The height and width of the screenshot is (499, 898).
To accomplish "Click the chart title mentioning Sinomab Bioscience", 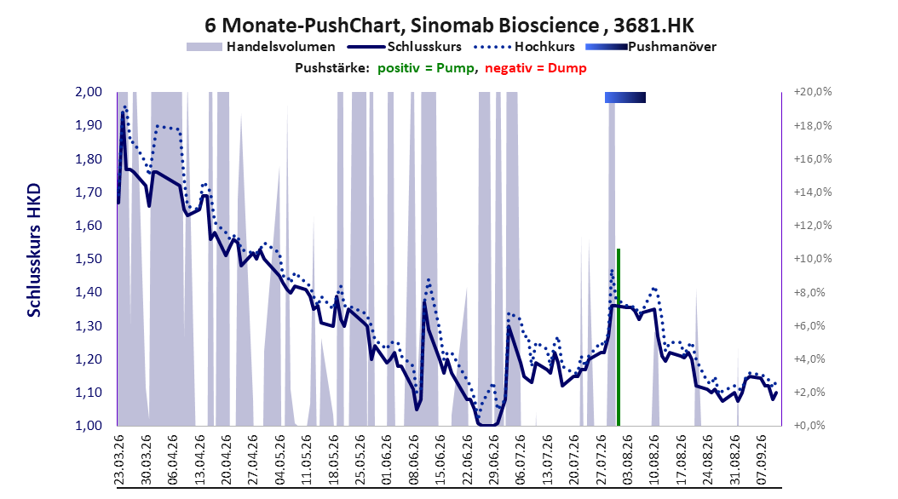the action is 449,26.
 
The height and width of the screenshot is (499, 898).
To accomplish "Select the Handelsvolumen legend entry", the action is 261,47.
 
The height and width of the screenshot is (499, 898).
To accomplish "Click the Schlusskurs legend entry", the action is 404,47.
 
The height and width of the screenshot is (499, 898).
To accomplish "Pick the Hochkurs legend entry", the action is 524,47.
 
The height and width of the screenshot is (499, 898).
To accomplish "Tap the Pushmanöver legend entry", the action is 651,47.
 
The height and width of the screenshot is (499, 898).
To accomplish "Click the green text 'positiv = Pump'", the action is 426,68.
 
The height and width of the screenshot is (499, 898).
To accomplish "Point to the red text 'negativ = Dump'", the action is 536,68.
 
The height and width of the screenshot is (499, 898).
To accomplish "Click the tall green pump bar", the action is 619,337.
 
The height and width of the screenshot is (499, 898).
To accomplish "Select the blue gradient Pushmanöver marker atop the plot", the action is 625,97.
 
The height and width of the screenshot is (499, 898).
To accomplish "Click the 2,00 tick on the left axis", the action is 89,92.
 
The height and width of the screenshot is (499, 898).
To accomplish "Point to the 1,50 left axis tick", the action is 89,259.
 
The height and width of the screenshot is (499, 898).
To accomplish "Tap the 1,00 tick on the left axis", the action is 89,426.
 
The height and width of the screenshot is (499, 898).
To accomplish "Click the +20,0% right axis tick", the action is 813,92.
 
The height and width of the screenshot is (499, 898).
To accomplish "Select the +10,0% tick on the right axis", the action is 813,259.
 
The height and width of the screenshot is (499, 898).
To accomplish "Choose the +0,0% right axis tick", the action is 809,426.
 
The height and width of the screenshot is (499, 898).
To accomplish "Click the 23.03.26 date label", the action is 119,460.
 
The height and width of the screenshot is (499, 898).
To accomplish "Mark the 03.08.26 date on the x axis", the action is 627,460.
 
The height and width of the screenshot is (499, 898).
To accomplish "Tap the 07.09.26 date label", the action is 761,460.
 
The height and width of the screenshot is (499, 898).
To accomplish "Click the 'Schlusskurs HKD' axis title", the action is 34,250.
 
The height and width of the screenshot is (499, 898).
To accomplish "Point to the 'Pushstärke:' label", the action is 332,68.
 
